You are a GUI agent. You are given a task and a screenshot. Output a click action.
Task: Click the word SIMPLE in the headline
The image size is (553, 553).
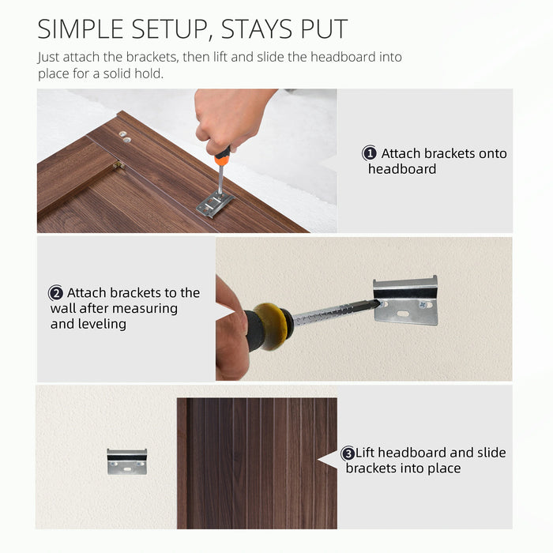pos(81,29)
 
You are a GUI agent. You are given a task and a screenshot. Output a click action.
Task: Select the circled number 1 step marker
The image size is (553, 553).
pos(370,153)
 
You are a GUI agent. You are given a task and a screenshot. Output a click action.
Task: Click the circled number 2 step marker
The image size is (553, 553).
pos(56,293)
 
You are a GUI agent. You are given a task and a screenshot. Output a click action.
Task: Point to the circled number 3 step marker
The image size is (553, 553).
pos(348,453)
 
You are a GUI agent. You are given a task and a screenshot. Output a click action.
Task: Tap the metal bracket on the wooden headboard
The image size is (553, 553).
pos(215,204)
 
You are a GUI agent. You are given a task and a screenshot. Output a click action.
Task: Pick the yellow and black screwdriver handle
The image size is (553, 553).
pos(269,326)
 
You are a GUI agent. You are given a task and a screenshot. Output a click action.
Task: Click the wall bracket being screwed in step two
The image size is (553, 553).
pos(405,300)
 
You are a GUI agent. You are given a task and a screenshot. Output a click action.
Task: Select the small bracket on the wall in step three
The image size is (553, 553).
pos(127,461)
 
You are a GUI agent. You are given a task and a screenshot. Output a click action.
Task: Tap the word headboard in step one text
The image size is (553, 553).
pos(402,169)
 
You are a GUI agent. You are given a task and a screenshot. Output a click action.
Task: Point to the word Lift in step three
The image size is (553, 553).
pos(365,453)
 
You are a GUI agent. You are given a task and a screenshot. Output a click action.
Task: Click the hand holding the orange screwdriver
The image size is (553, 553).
pos(229,118)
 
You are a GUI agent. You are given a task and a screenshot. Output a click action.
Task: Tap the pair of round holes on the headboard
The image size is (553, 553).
pos(125,137)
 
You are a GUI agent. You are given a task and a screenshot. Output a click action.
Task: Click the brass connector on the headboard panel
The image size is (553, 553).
pos(118,164)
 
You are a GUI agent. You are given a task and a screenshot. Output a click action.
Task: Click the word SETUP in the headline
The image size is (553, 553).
pos(173,29)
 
